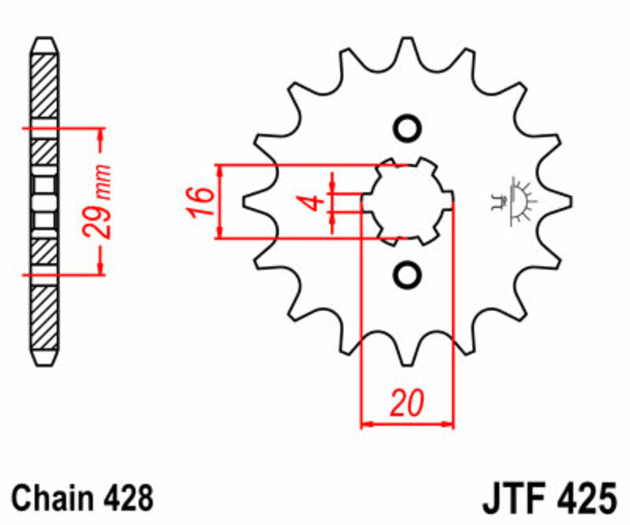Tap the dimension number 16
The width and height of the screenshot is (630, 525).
(x=200, y=202)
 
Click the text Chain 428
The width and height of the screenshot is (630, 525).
(x=82, y=498)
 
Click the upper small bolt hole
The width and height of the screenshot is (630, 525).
(x=407, y=129)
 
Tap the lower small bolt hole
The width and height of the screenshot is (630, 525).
(x=407, y=274)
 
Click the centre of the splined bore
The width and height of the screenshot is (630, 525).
(x=407, y=201)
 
